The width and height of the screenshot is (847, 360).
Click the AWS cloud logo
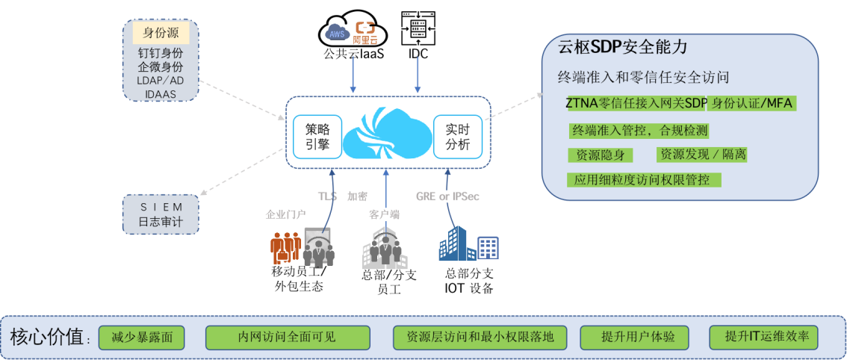tap(337, 31)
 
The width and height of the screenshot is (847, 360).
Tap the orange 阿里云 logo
tap(365, 32)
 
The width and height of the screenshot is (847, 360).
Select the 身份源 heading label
tap(161, 34)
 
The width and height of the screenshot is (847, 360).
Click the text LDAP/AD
tap(161, 80)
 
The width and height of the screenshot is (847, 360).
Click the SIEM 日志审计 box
tap(161, 214)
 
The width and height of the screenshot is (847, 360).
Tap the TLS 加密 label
tap(341, 196)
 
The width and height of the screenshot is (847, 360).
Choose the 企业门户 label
tap(281, 214)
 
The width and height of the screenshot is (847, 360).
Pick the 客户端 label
tap(384, 214)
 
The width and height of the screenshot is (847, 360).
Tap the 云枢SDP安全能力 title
tap(622, 48)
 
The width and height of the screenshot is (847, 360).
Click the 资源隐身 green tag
tap(601, 155)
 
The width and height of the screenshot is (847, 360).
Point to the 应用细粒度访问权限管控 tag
tap(644, 180)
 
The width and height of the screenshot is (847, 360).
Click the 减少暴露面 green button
tap(141, 338)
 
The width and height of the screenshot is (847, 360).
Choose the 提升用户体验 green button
tap(633, 338)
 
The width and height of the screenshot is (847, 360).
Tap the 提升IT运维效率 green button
tap(763, 338)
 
